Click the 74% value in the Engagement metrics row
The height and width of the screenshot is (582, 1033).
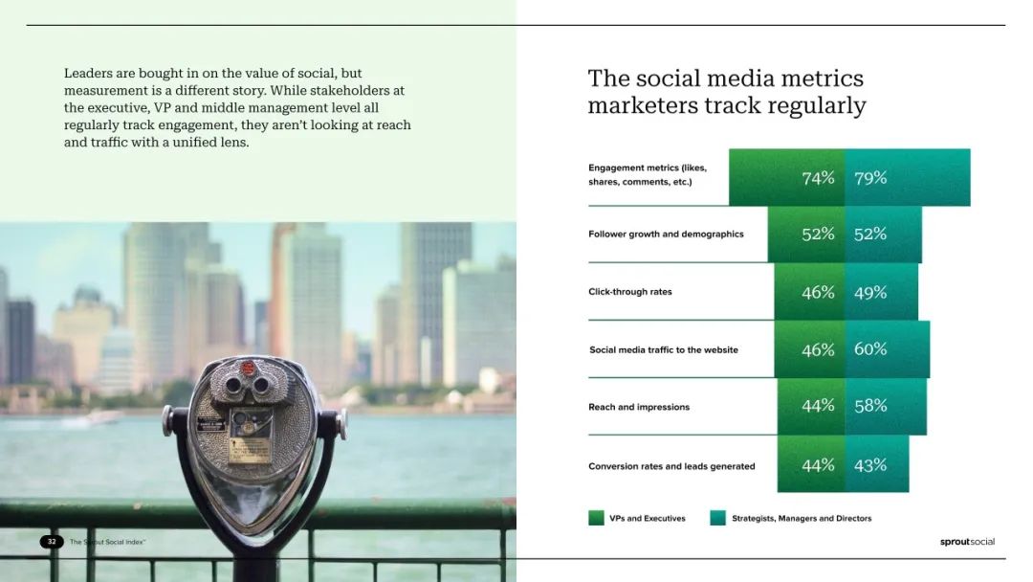tap(818, 178)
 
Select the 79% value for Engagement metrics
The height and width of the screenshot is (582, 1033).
tap(870, 178)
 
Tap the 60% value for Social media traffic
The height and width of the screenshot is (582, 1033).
tap(870, 349)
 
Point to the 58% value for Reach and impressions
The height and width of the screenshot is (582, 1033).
tap(870, 406)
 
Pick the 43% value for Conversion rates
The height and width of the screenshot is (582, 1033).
tap(870, 465)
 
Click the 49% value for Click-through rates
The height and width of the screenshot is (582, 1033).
tap(870, 293)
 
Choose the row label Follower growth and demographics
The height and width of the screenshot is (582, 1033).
tap(666, 234)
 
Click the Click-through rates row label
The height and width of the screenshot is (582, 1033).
tap(629, 292)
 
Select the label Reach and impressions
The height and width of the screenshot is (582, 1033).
tap(638, 408)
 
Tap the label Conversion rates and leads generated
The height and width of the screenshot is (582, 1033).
tap(671, 466)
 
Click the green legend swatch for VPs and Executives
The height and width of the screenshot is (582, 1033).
tap(596, 518)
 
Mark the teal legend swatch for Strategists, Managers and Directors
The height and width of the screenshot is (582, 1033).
tap(718, 518)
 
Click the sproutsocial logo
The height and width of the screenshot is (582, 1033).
tap(967, 542)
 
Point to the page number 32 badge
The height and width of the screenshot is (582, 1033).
tap(52, 542)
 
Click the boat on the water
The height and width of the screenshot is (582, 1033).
tap(99, 417)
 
